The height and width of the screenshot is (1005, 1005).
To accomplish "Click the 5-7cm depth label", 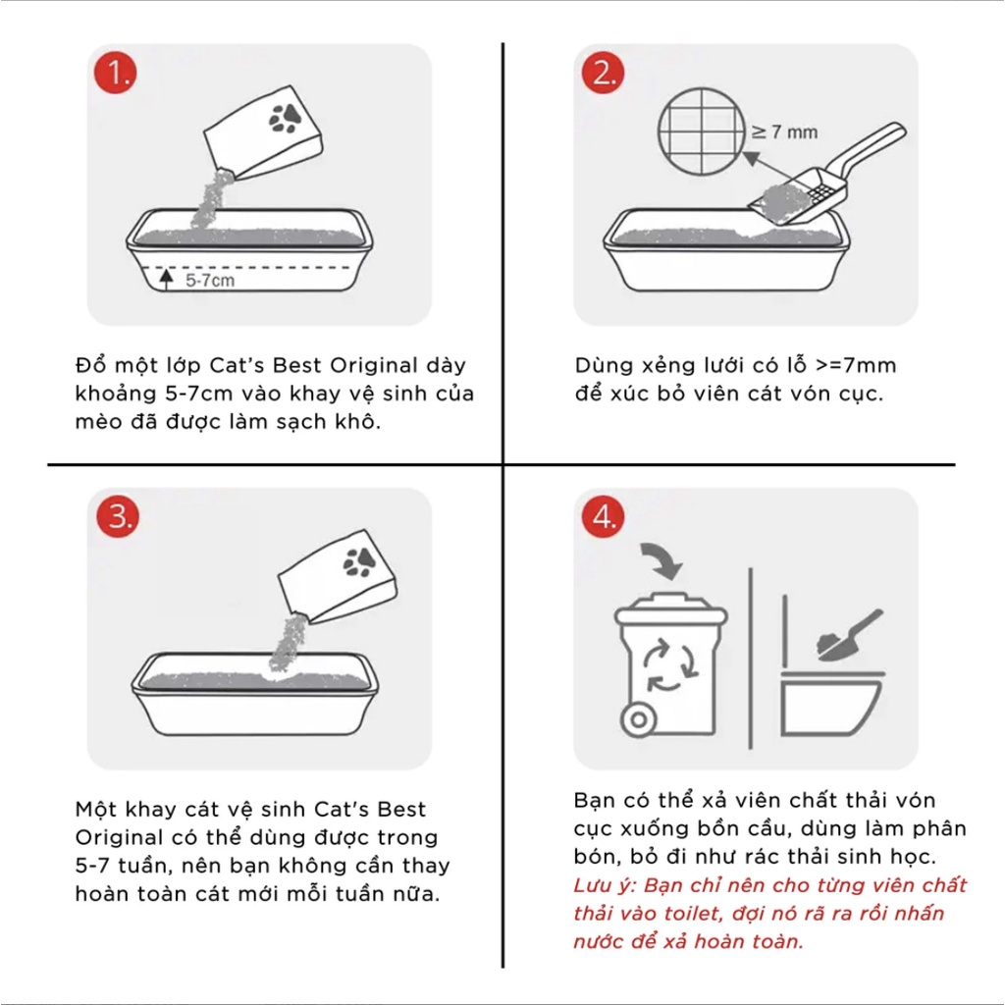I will (x=211, y=280).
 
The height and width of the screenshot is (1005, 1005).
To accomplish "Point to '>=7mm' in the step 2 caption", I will (x=856, y=366).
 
